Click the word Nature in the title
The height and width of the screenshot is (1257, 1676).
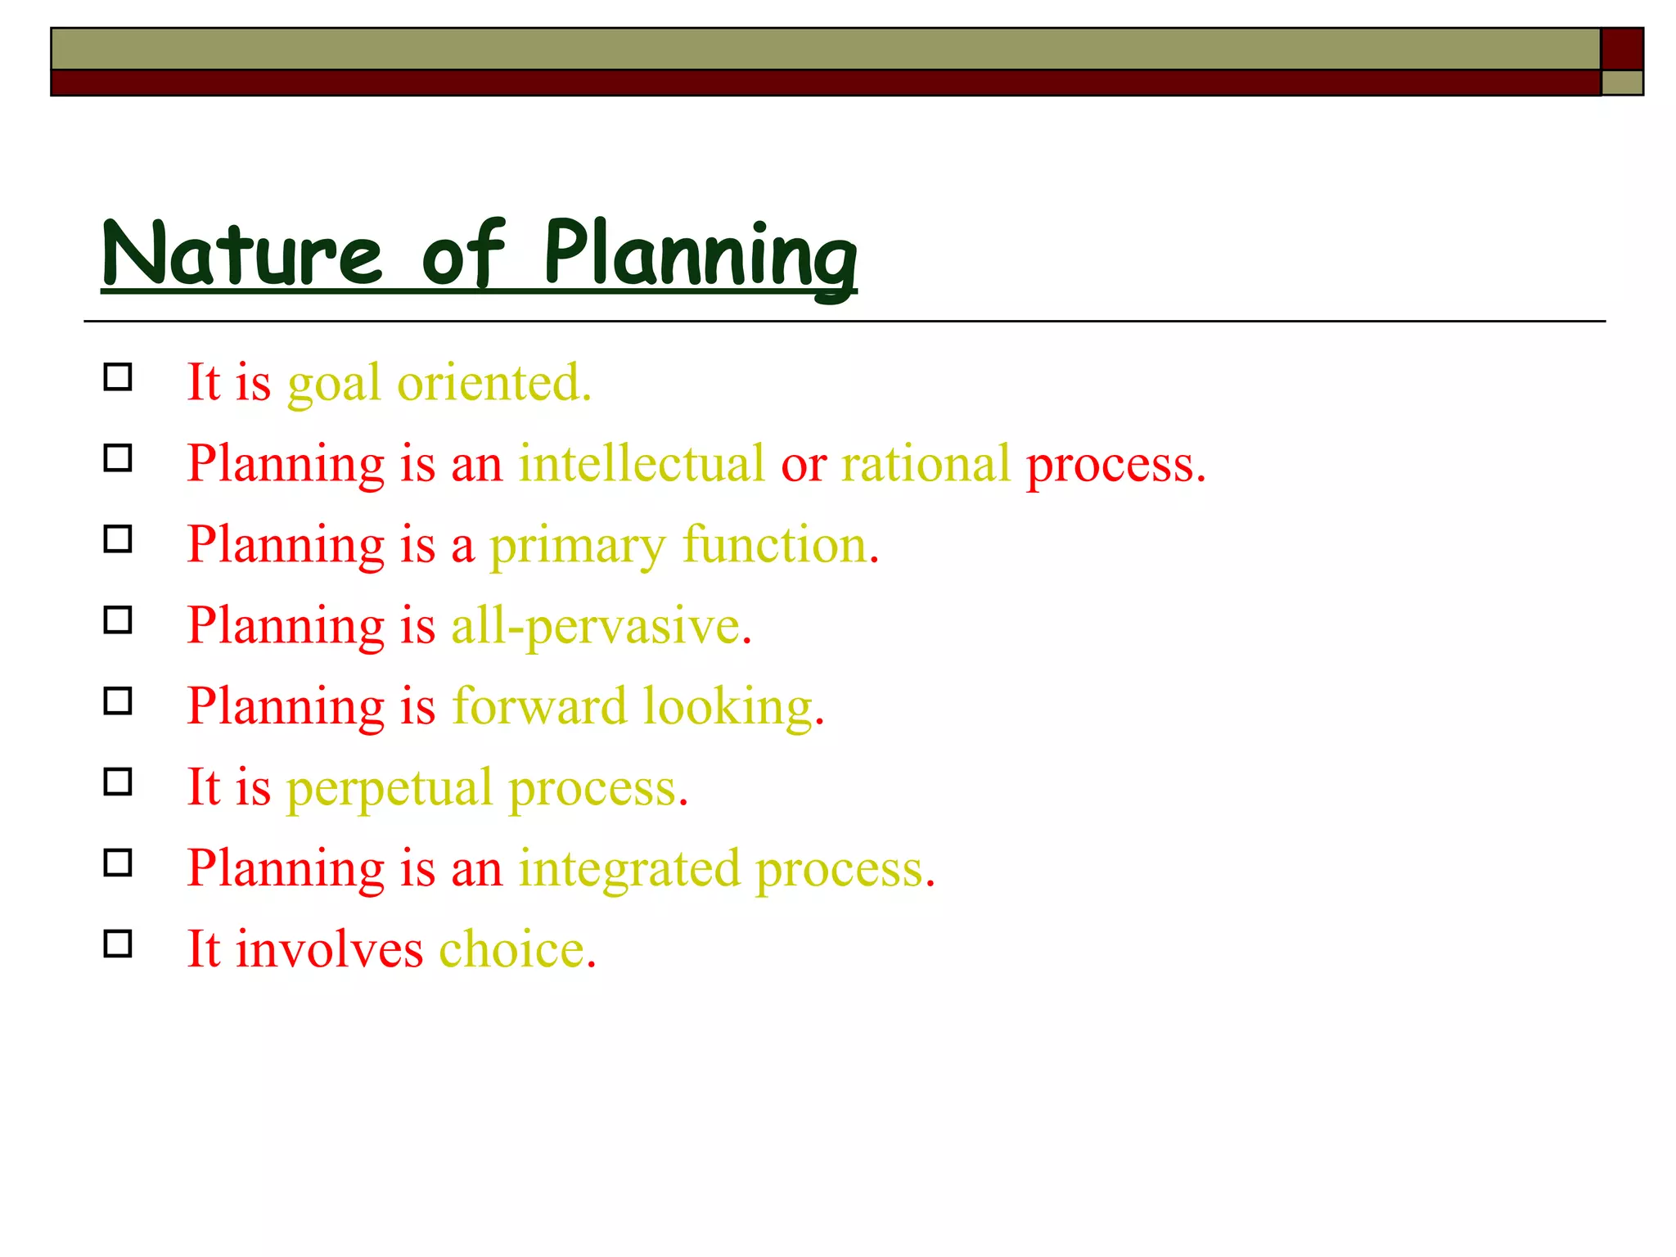242,253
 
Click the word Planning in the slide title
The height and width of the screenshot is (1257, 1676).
701,255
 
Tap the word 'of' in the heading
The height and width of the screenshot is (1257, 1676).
462,253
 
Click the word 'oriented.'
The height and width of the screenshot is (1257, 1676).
494,382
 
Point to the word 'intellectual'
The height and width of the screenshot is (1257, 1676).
642,463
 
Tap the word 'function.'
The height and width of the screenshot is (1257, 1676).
781,544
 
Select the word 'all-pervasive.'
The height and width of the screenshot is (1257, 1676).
601,626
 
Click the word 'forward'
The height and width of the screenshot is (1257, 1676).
539,705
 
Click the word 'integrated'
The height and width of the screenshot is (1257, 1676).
629,868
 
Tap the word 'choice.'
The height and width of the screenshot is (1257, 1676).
518,949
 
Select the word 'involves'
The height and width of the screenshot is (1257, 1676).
330,949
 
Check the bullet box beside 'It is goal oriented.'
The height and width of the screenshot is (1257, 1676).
118,377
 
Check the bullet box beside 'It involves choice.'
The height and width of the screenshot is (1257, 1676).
118,944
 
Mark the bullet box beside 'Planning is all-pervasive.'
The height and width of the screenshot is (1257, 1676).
118,620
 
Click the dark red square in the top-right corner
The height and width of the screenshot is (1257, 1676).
1622,49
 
